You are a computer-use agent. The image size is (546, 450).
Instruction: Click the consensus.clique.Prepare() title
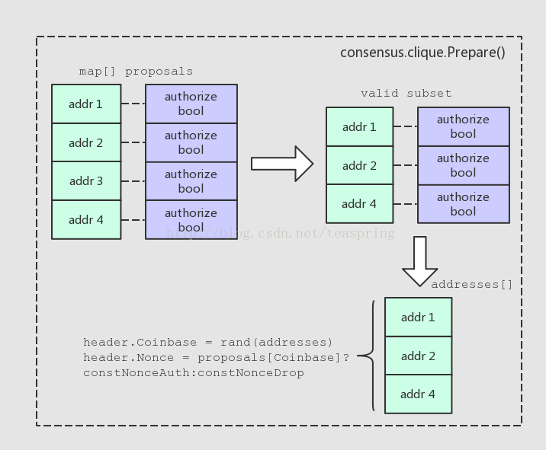pos(422,53)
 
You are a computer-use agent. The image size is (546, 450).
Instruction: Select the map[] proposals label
pos(136,72)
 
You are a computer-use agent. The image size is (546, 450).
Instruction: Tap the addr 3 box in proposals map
pos(86,180)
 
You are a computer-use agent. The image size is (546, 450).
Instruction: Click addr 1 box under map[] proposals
pos(86,104)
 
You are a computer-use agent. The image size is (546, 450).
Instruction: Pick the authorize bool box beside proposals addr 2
pos(191,142)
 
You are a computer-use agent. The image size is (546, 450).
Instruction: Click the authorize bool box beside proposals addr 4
pos(191,220)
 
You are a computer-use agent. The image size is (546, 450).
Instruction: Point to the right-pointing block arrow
pos(282,164)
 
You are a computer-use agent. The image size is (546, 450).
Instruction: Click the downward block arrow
pos(420,261)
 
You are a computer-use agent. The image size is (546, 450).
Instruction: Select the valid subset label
pos(406,93)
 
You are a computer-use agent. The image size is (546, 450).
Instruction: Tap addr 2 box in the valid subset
pos(360,165)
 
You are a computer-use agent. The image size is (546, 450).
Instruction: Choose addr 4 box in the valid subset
pos(360,204)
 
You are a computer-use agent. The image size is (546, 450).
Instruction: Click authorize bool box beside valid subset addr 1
pos(464,126)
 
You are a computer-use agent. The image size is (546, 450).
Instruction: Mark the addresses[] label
pos(472,285)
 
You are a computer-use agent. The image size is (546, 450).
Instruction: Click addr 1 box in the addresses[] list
pos(419,318)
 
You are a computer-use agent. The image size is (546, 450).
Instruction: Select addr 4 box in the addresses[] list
pos(419,394)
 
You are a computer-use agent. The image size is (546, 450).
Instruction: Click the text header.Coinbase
pos(140,342)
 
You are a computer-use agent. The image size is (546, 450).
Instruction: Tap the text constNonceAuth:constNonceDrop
pos(194,373)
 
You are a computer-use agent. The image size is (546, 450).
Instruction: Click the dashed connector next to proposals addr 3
pos(133,181)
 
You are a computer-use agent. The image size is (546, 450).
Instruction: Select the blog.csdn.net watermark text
pos(281,233)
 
